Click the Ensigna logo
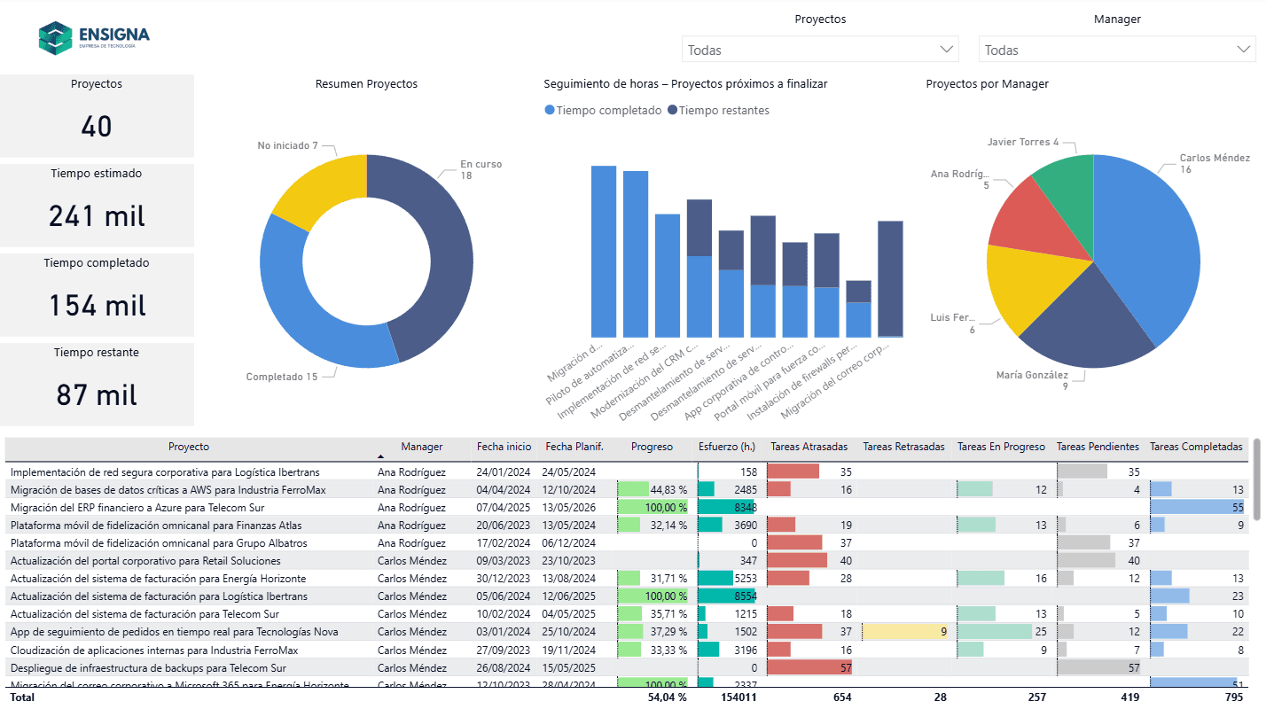tap(93, 37)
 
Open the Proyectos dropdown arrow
tap(946, 49)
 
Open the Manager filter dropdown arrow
tap(1243, 49)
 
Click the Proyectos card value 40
tap(96, 127)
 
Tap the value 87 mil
tap(96, 394)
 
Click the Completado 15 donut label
tap(281, 377)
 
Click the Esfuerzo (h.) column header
tap(727, 447)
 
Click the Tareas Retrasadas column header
tap(903, 447)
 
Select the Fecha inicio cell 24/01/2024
tap(503, 472)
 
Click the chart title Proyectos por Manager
tap(987, 84)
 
